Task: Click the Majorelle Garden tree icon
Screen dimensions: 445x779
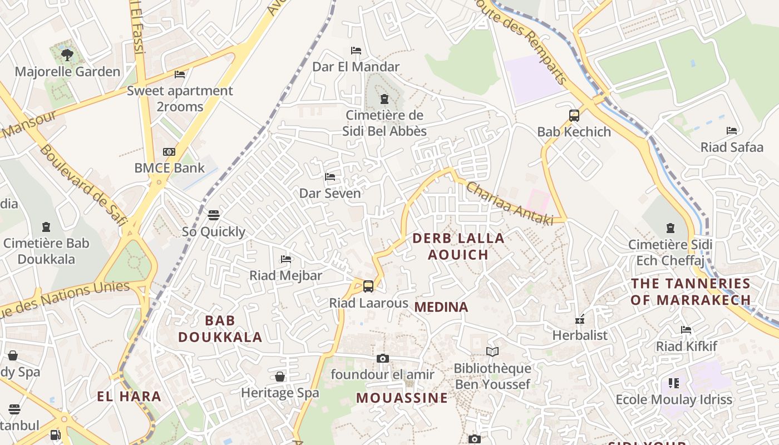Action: [67, 55]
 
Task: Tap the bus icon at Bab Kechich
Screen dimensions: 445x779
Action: [574, 116]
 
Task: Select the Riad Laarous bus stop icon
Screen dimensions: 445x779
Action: [368, 286]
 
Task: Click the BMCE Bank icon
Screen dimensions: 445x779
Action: [169, 152]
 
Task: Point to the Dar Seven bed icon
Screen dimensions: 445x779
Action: [330, 177]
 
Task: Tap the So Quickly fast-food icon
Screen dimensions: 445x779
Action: [214, 215]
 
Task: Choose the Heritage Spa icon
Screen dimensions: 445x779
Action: [280, 377]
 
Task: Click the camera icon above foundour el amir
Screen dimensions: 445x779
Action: [382, 358]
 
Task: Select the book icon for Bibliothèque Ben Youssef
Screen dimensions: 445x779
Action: [492, 352]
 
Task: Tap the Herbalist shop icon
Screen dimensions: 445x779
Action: [580, 319]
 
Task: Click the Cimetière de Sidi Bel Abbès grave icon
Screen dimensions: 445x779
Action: [384, 99]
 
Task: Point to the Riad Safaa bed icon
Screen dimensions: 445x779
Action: [732, 131]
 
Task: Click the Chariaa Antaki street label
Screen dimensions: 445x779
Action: [510, 204]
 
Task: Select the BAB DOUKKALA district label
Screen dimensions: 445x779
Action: [220, 329]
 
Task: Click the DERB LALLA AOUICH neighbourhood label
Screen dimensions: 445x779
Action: [458, 246]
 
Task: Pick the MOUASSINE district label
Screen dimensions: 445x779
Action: [402, 398]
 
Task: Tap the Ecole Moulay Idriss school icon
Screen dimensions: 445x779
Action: [674, 383]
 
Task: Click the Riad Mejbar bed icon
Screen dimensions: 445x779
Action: [286, 259]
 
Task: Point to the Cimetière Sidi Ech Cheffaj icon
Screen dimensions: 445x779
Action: [670, 228]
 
